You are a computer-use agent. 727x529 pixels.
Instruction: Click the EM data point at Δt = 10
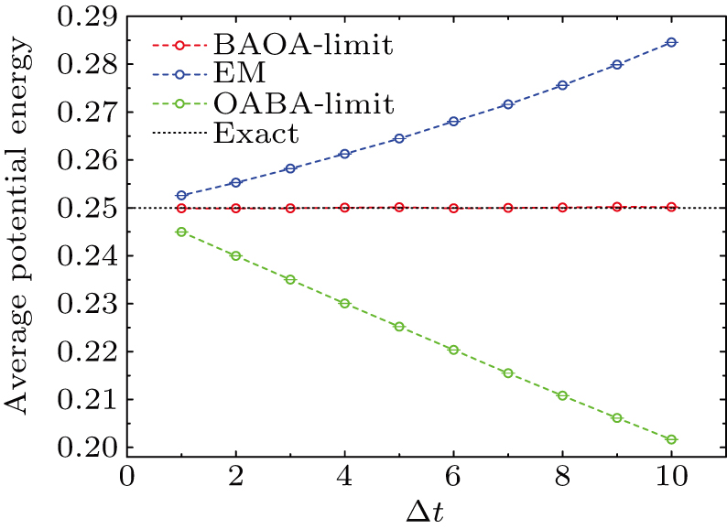pyautogui.click(x=671, y=42)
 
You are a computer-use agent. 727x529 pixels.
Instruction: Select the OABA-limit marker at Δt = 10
pyautogui.click(x=671, y=440)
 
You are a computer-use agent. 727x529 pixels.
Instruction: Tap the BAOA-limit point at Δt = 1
pyautogui.click(x=181, y=208)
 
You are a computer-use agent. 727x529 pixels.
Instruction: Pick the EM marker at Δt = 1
pyautogui.click(x=181, y=196)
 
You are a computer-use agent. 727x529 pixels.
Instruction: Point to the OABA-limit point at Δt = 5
pyautogui.click(x=399, y=327)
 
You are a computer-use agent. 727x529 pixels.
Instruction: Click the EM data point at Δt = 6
pyautogui.click(x=453, y=121)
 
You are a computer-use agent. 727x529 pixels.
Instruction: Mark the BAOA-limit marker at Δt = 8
pyautogui.click(x=562, y=208)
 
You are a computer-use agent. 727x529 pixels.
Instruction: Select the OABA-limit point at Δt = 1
pyautogui.click(x=181, y=232)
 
